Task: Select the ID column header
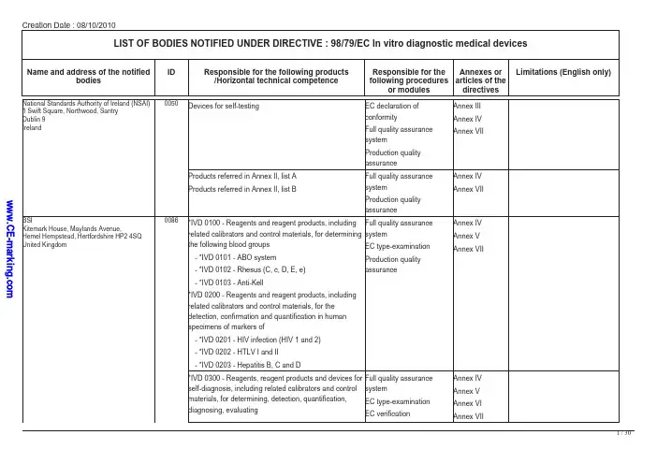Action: [171, 71]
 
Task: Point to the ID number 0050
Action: [171, 103]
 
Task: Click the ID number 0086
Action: [171, 220]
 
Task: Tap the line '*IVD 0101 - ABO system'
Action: [234, 256]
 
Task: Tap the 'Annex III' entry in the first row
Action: [467, 106]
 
